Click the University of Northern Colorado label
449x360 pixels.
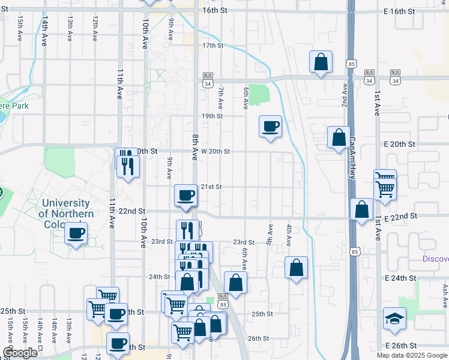point(66,214)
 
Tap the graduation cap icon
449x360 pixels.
point(394,319)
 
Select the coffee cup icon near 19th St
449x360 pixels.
point(270,126)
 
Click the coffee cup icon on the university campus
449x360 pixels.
point(76,233)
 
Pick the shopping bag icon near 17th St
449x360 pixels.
point(321,61)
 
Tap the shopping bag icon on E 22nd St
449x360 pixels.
point(361,210)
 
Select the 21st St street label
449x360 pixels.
point(211,187)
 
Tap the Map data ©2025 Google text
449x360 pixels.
point(411,355)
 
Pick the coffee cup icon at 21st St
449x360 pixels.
point(185,195)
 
